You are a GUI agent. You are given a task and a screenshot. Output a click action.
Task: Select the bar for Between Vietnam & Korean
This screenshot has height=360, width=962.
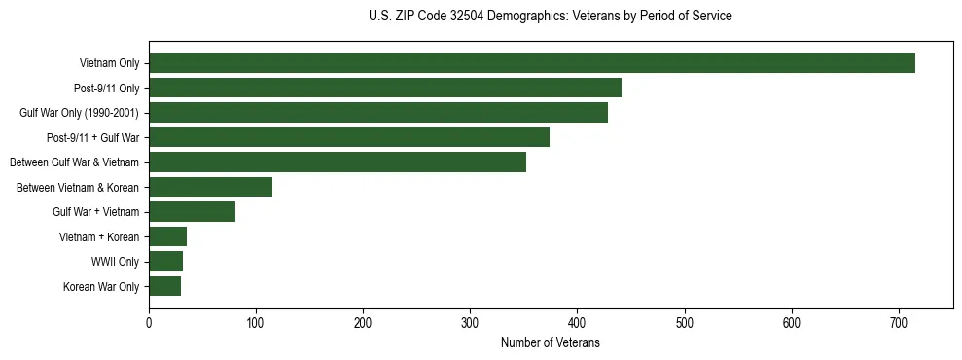(210, 187)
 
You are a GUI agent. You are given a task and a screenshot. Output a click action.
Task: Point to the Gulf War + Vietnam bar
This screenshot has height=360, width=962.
(192, 211)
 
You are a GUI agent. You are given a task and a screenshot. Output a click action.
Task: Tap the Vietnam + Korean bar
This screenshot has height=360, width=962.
(167, 236)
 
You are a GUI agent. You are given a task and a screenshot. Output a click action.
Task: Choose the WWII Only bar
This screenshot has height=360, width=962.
(165, 261)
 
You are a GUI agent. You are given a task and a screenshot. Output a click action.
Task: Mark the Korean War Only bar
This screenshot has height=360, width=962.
(164, 286)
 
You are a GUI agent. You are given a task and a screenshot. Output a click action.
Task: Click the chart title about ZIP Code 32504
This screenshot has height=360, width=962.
(551, 17)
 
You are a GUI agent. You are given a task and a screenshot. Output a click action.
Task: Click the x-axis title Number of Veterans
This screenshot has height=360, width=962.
(551, 343)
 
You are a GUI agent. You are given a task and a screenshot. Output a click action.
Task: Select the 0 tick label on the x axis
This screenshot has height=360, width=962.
(149, 323)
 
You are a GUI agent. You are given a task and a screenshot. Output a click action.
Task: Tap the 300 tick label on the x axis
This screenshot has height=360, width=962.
(470, 323)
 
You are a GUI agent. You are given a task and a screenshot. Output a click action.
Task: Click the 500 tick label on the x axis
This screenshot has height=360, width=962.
(685, 323)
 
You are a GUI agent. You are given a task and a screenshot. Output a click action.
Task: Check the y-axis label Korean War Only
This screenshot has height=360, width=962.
(101, 286)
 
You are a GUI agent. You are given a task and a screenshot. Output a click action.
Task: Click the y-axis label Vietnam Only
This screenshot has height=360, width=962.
(109, 63)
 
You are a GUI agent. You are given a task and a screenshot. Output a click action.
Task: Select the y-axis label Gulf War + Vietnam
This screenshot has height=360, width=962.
(95, 212)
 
